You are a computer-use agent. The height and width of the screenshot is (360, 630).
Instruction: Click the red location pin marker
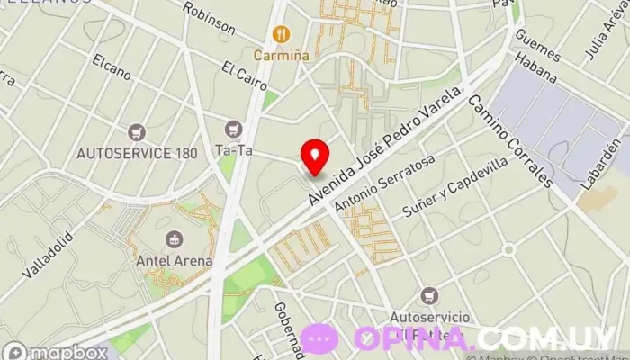click(x=315, y=156)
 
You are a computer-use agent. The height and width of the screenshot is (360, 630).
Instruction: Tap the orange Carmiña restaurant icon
click(x=282, y=35)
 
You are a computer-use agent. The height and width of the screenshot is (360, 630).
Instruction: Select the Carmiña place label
click(x=281, y=55)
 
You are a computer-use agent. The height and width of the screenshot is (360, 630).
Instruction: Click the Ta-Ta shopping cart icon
click(x=235, y=129)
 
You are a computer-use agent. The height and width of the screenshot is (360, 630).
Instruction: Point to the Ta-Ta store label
click(x=233, y=150)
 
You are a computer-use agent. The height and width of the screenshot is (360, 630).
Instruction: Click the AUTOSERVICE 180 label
click(x=137, y=153)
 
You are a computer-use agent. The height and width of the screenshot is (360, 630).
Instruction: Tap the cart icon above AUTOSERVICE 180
click(x=137, y=132)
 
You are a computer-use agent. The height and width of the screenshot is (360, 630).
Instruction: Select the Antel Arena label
click(x=174, y=261)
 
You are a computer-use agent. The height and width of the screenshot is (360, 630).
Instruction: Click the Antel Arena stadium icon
click(x=174, y=239)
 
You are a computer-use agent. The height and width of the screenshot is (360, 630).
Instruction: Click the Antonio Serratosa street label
click(x=384, y=184)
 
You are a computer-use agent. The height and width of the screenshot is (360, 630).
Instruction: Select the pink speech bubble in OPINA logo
click(x=320, y=338)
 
